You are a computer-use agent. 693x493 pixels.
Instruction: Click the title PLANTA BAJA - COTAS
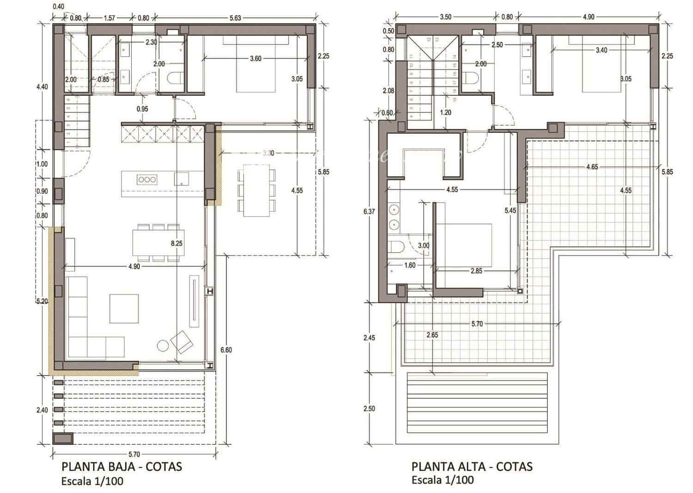point(122,466)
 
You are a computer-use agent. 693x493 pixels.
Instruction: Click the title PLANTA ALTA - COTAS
point(472,466)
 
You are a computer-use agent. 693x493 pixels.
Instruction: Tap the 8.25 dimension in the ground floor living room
point(176,243)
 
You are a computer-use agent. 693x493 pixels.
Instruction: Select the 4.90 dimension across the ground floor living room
point(134,266)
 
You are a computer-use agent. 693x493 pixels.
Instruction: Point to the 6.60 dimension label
point(226,350)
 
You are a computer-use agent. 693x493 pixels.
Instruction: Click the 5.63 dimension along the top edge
point(236,18)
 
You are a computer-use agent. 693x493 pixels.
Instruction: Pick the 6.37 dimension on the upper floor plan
point(370,212)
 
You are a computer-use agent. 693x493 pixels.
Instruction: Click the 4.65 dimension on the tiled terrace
point(592,167)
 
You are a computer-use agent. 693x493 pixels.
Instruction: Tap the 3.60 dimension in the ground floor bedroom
point(255,59)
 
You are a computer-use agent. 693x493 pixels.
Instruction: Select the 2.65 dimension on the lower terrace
point(432,335)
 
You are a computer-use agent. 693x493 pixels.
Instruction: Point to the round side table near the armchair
point(164,345)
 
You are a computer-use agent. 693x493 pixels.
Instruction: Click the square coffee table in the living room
point(124,308)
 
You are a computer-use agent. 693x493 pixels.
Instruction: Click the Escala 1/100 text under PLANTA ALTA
point(443,480)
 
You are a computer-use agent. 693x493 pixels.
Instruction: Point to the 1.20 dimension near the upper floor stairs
point(445,112)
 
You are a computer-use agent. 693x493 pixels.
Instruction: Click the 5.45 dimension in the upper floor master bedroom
point(510,210)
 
